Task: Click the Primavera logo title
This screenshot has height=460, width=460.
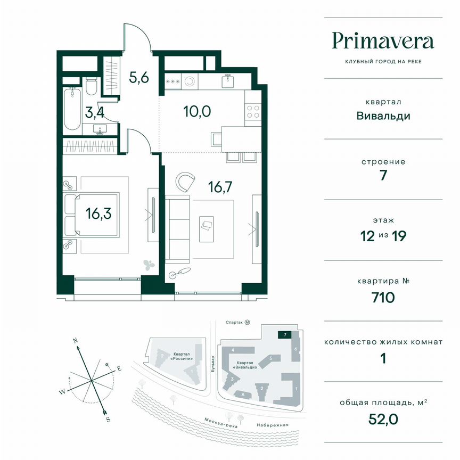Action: [x=383, y=40]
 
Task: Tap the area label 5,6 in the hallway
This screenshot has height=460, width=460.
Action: [x=138, y=77]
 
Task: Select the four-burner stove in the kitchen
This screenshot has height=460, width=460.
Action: [x=253, y=112]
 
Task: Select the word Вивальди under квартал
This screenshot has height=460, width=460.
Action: [x=383, y=116]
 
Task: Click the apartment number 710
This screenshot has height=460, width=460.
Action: [x=383, y=297]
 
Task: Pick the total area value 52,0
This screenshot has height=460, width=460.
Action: [x=383, y=418]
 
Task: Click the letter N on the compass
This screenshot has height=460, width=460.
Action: [x=76, y=340]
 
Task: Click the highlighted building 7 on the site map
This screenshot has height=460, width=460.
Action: [x=285, y=335]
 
